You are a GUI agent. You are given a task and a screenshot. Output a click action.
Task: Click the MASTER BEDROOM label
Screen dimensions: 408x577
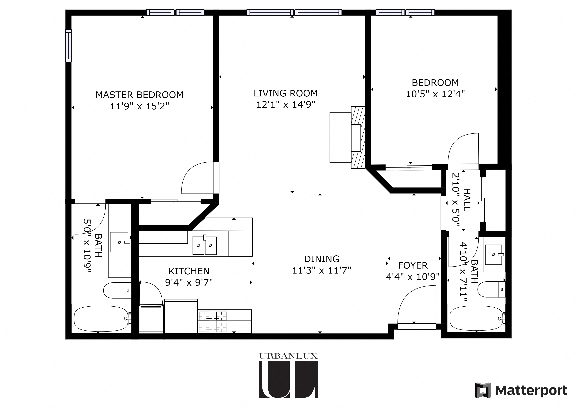click(x=139, y=95)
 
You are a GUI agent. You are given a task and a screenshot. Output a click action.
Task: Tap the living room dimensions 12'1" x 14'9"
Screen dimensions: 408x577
click(x=286, y=105)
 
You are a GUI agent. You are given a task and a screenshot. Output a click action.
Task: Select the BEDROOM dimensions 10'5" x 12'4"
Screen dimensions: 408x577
click(x=435, y=94)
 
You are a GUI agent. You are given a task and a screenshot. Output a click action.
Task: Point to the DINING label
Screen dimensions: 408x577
click(x=321, y=259)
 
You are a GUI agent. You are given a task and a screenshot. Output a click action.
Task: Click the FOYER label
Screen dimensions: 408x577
click(x=413, y=266)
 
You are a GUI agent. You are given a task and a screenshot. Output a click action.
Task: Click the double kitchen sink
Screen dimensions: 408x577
click(x=205, y=245)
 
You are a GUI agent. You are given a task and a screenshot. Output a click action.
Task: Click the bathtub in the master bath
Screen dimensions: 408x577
click(x=101, y=319)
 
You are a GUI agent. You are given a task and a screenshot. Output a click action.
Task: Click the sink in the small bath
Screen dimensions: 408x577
click(x=493, y=255)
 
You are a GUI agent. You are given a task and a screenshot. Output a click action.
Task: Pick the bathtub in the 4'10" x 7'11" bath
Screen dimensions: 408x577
click(x=476, y=319)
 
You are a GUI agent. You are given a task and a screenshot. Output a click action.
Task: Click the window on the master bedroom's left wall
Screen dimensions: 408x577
click(x=68, y=46)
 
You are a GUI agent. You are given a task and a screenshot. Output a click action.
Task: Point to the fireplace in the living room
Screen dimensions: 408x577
click(x=358, y=137)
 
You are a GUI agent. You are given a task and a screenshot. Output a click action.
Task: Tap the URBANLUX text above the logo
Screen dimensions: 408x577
click(x=288, y=356)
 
